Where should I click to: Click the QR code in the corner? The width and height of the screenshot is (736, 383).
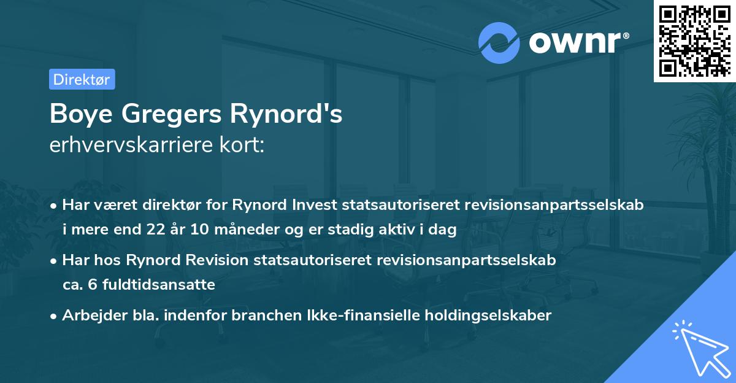tap(694, 41)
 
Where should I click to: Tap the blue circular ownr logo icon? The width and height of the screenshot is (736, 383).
tap(499, 42)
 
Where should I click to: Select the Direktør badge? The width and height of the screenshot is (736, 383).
tap(82, 79)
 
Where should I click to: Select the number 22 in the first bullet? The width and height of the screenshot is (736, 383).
tap(154, 230)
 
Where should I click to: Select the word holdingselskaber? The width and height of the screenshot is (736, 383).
tap(478, 315)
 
